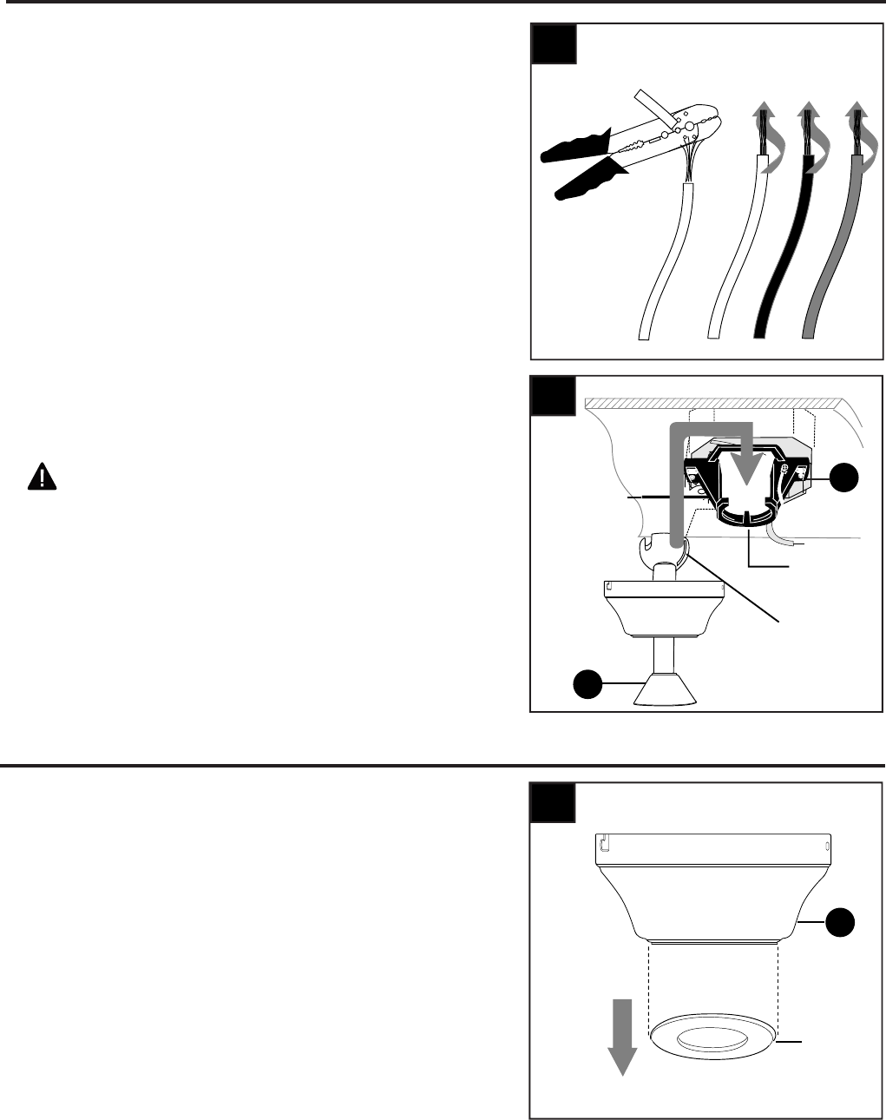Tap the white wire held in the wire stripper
tap(672, 260)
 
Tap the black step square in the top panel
tap(554, 43)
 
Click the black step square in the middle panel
tap(554, 395)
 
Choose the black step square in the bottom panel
tap(554, 803)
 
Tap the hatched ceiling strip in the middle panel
tap(712, 405)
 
